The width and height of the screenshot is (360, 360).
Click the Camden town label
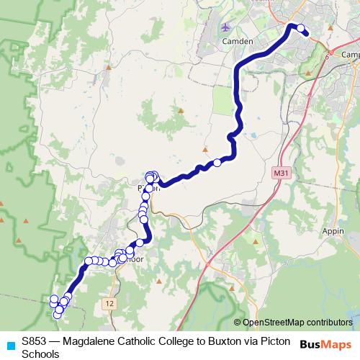[x=239, y=42]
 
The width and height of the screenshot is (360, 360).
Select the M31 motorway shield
[x=281, y=174]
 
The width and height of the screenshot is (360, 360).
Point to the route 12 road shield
[x=109, y=304]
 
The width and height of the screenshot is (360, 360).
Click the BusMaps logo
[x=325, y=345]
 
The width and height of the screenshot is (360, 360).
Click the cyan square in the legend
[x=10, y=345]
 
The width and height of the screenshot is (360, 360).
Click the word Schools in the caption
[x=40, y=354]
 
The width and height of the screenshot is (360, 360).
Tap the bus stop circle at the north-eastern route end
[x=302, y=30]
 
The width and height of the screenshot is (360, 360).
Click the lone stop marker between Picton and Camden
[x=217, y=163]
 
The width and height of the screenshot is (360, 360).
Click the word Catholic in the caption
[x=143, y=343]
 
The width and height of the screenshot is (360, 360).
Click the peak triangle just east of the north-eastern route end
[x=328, y=30]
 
